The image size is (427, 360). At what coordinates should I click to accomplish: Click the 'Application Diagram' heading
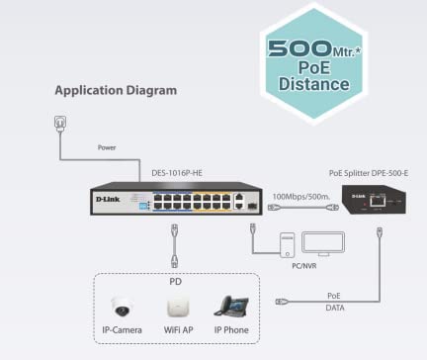click(x=116, y=90)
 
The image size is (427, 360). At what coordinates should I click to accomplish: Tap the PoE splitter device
click(x=377, y=201)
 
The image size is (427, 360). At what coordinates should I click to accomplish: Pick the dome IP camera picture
click(x=127, y=307)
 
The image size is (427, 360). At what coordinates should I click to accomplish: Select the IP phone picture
click(x=231, y=306)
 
